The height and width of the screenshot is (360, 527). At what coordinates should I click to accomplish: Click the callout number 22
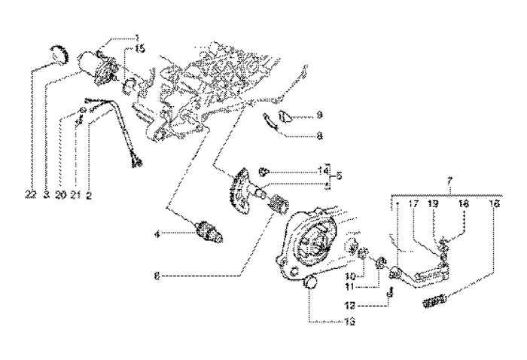[x=30, y=194]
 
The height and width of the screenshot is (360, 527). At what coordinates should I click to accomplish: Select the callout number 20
[x=60, y=194]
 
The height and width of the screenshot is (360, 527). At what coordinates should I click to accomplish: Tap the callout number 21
[x=75, y=194]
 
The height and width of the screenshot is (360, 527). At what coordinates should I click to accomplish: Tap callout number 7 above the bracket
[x=451, y=182]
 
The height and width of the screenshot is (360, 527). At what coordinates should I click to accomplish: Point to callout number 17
[x=414, y=203]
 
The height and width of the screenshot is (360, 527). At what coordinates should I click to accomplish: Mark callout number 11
[x=351, y=286]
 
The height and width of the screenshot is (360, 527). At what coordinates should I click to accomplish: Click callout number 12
[x=351, y=306]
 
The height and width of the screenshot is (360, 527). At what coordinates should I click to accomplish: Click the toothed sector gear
[x=242, y=186]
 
